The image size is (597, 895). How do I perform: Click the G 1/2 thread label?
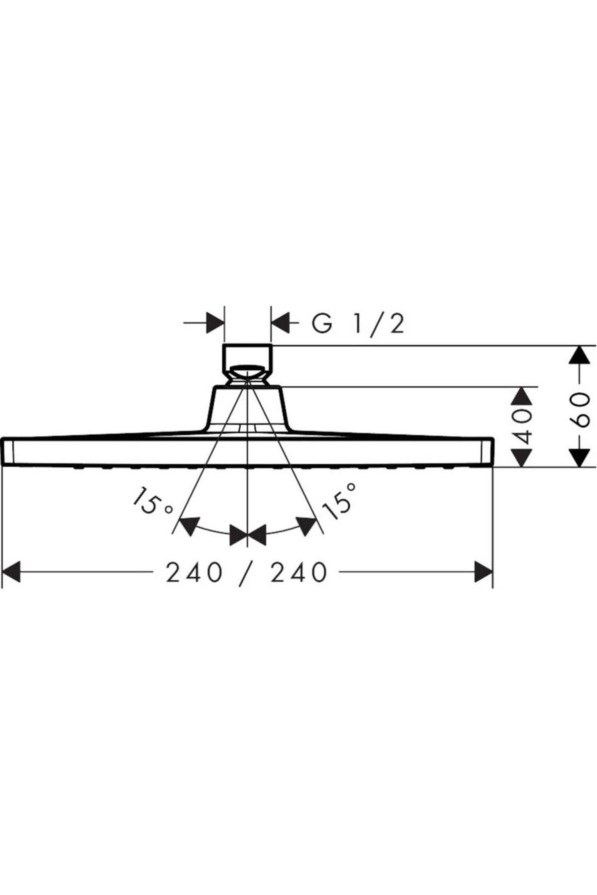[358, 324]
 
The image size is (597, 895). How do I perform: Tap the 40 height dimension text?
[522, 427]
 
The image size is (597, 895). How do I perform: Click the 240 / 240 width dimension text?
[247, 572]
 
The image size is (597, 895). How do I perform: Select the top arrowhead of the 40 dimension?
[522, 398]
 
